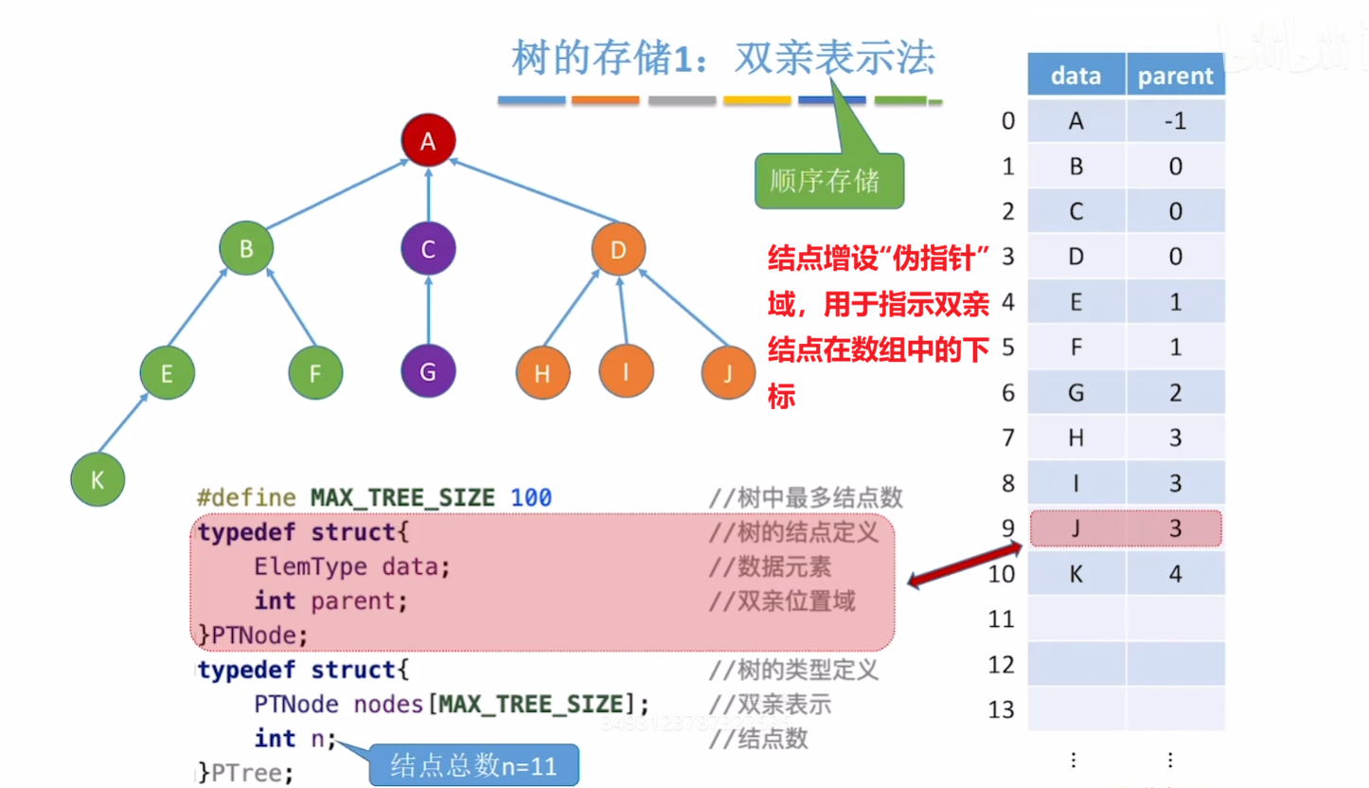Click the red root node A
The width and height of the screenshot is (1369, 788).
pyautogui.click(x=428, y=141)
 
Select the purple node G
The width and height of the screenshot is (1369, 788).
pyautogui.click(x=428, y=372)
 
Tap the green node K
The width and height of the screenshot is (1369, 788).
pyautogui.click(x=98, y=480)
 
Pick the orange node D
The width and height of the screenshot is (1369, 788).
pyautogui.click(x=618, y=250)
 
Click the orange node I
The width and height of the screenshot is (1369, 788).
pyautogui.click(x=625, y=372)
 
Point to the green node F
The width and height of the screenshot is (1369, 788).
pyautogui.click(x=316, y=372)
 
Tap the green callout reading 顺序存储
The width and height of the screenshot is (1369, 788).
pyautogui.click(x=829, y=180)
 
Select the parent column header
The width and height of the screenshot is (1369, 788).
pyautogui.click(x=1175, y=76)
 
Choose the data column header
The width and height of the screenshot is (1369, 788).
pyautogui.click(x=1076, y=76)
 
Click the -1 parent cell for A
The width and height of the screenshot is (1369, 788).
pyautogui.click(x=1175, y=121)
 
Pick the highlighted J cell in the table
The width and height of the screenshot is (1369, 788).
pyautogui.click(x=1076, y=528)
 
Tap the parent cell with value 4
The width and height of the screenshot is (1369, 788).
pyautogui.click(x=1175, y=574)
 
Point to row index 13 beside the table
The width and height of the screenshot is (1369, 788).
pyautogui.click(x=1001, y=709)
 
